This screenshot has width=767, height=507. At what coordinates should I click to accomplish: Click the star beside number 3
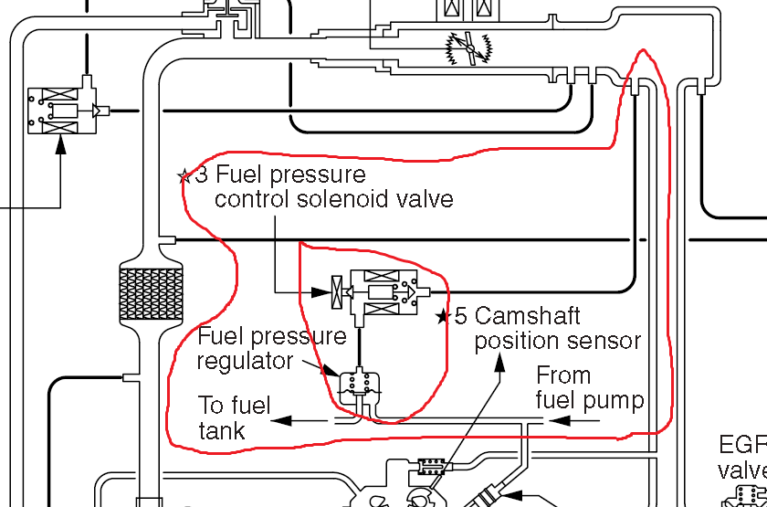pos(184,175)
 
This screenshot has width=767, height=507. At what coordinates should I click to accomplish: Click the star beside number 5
pos(443,317)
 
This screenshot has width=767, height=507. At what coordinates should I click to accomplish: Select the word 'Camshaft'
pos(527,316)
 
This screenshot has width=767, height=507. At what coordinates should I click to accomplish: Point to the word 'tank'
pos(222,430)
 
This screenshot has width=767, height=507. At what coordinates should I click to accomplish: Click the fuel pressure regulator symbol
pos(358,386)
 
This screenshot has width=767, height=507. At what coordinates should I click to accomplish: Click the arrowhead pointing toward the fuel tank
pos(280,421)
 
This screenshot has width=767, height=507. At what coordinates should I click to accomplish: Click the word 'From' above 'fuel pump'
pos(562,375)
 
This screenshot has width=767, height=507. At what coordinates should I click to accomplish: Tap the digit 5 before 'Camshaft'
pos(461,316)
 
